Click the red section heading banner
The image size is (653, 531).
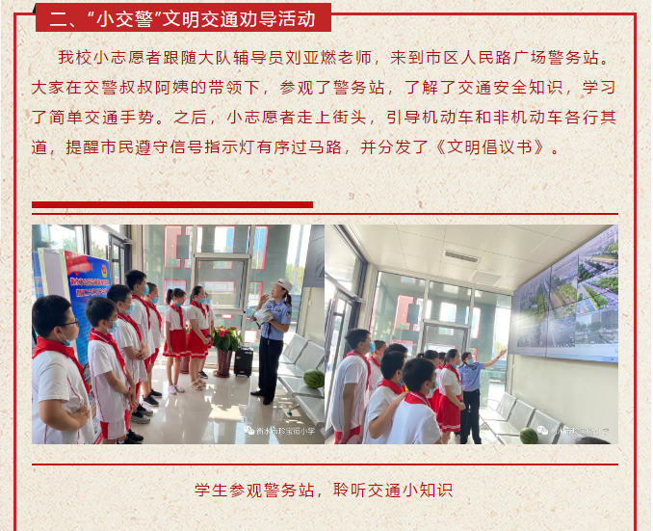click(x=183, y=17)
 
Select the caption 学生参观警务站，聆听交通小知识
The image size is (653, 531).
click(x=324, y=491)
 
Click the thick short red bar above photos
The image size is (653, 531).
click(x=172, y=204)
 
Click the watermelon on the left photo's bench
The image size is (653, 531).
click(x=314, y=379)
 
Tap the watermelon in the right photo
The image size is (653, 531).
click(x=529, y=436)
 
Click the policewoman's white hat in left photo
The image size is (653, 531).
click(x=282, y=284)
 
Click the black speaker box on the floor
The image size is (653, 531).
click(x=244, y=361)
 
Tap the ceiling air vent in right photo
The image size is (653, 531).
click(x=461, y=256)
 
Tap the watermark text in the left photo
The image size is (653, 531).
click(x=279, y=431)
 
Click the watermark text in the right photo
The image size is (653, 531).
click(x=573, y=431)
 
